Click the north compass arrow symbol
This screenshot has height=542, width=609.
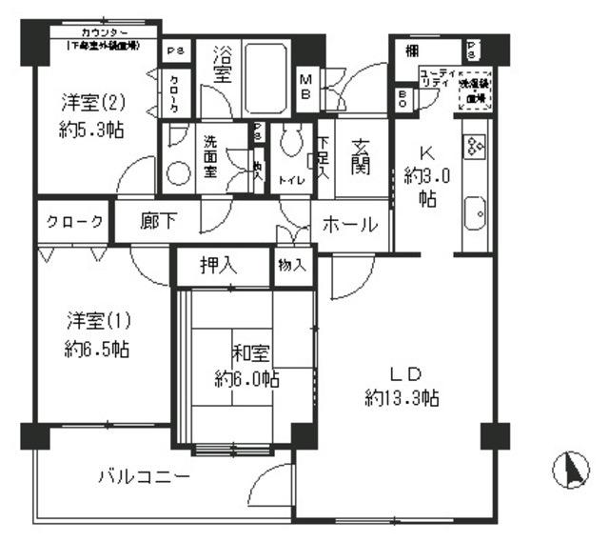[574, 471]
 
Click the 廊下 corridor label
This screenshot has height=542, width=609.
[158, 222]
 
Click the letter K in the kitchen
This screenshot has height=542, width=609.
[423, 150]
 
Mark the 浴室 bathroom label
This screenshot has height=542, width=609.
[223, 64]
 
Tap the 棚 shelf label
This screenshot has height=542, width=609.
[413, 51]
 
